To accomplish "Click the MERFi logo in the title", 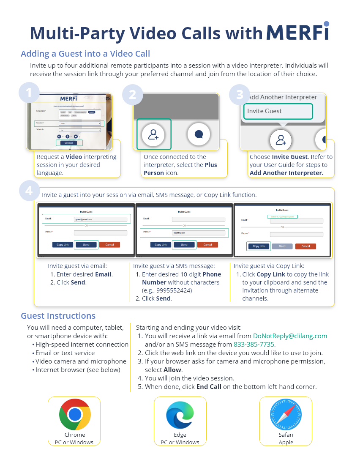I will (x=298, y=32).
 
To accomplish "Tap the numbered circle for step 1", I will (x=29, y=93).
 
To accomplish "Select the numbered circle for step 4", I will (x=29, y=191).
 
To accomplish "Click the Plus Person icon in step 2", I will (x=153, y=134).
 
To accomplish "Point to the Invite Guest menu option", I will (x=278, y=111).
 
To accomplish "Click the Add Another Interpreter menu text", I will (x=282, y=97).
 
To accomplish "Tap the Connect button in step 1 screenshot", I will (x=69, y=143).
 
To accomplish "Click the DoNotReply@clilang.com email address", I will (x=290, y=336).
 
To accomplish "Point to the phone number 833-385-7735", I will (x=254, y=345).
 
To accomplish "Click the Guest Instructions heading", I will (x=58, y=316).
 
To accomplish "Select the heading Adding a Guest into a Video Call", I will (x=85, y=54).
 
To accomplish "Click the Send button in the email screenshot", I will (x=86, y=245).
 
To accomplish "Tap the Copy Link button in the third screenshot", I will (x=259, y=246).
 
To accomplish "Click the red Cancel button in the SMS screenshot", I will (x=207, y=245).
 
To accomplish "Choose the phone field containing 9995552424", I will (x=198, y=232).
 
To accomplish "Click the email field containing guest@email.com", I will (x=101, y=219).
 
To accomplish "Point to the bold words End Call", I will (x=209, y=387).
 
